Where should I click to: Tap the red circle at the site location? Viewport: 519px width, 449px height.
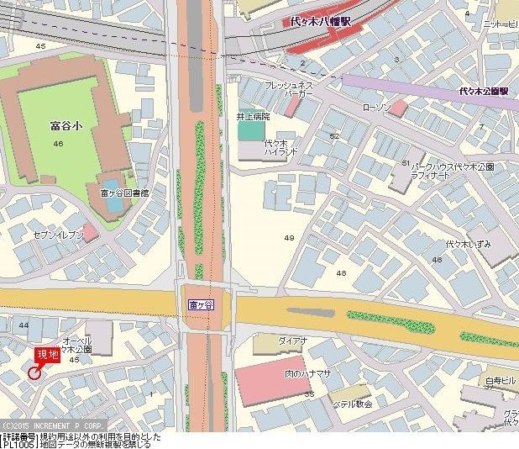34,372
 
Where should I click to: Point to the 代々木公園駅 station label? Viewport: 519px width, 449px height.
488,91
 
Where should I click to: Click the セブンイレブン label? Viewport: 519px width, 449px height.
58,235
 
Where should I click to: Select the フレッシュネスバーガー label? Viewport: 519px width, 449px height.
289,90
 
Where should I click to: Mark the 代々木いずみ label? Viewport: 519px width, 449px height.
468,243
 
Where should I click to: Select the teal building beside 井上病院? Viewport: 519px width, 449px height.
249,131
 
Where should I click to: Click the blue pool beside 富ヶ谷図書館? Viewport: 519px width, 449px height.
113,185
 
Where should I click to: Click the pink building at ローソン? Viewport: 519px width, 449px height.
398,108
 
